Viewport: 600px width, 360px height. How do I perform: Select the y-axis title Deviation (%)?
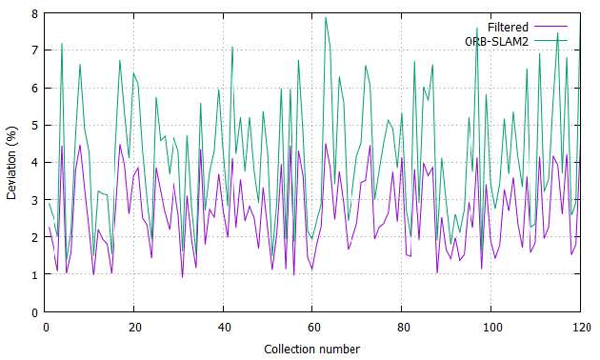[10, 163]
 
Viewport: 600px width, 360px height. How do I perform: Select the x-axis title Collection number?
[311, 349]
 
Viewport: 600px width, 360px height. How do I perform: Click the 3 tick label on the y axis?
[34, 200]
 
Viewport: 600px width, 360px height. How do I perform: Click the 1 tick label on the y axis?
[34, 275]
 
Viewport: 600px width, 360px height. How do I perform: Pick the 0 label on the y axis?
[34, 312]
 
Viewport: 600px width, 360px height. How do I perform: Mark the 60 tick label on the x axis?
[312, 327]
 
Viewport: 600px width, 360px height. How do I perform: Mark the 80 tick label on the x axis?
[401, 327]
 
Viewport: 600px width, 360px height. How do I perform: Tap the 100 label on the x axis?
[490, 327]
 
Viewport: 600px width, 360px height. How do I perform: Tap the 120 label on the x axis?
[579, 327]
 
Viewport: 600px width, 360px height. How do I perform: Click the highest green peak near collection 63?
[326, 17]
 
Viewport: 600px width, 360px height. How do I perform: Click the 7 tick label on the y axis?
[34, 50]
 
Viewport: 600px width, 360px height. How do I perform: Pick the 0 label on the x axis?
[45, 327]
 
